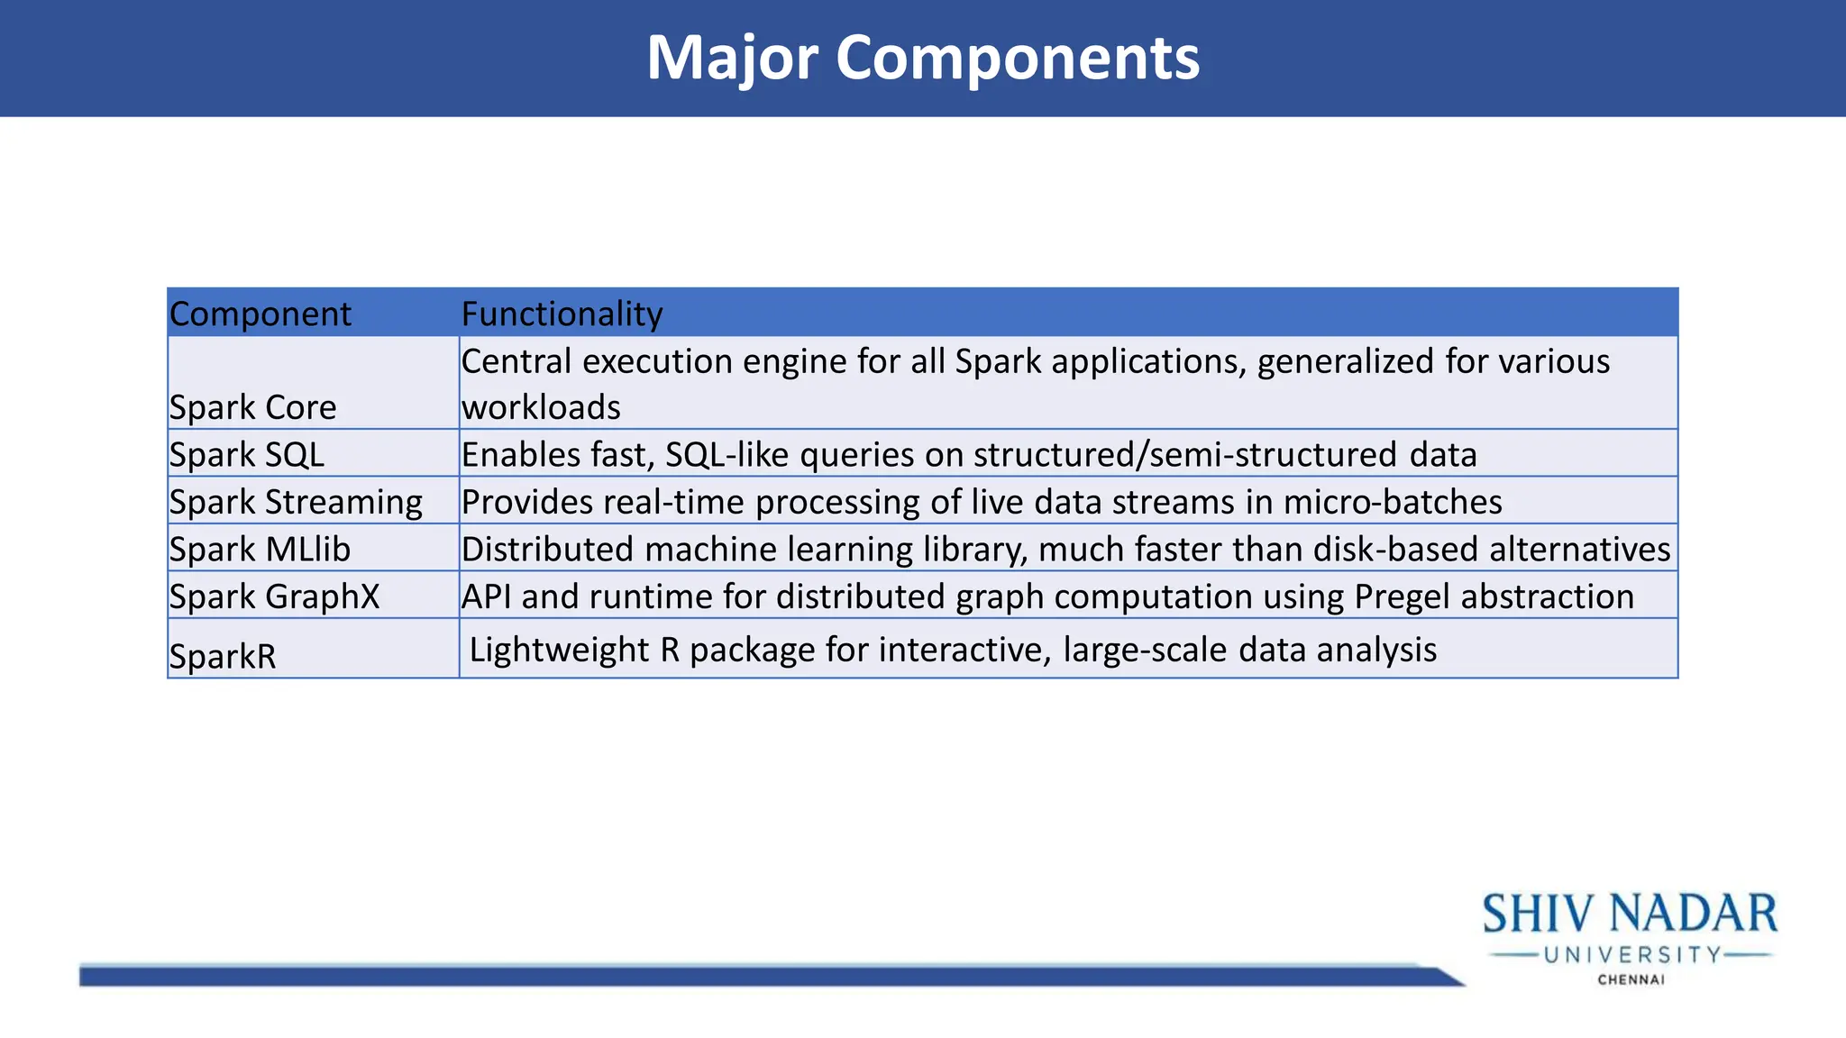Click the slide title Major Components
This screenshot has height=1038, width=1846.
pos(923,58)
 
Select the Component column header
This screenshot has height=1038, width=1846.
pos(260,314)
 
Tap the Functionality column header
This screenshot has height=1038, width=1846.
pos(562,314)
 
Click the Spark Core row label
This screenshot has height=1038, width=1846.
pos(252,407)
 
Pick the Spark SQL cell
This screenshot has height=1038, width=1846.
pos(246,454)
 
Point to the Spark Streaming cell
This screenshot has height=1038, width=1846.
pos(296,502)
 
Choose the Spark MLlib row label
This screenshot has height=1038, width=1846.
pos(260,549)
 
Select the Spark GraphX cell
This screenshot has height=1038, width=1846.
pos(274,596)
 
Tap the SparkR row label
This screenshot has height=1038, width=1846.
pos(223,656)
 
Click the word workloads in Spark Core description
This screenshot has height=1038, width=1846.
pos(541,407)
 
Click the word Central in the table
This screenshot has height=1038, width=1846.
pos(516,361)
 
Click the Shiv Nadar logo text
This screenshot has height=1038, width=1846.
pos(1630,915)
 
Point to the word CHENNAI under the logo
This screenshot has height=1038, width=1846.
pos(1631,979)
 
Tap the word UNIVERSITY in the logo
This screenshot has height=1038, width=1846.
pos(1632,955)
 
